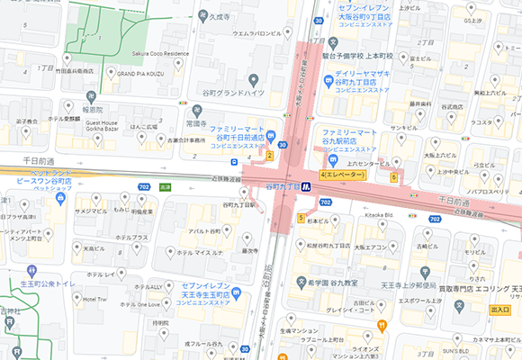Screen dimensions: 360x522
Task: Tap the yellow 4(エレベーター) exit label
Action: pyautogui.click(x=342, y=174)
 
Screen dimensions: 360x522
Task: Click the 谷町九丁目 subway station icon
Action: pyautogui.click(x=306, y=186)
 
